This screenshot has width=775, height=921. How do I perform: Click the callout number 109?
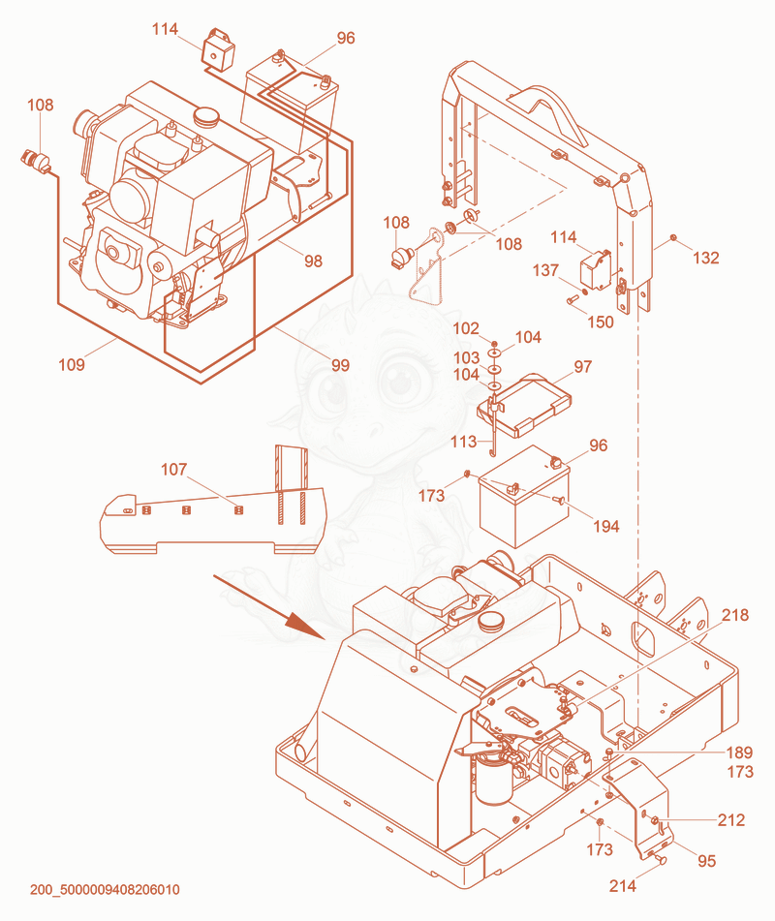click(x=72, y=365)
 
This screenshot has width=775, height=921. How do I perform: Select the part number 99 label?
click(x=340, y=365)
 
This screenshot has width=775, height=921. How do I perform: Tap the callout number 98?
click(x=313, y=261)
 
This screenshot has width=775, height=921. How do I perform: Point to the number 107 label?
click(x=174, y=470)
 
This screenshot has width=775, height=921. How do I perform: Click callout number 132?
click(x=705, y=258)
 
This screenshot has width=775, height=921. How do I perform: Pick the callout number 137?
click(x=545, y=270)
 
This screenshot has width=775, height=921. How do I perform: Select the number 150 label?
click(x=601, y=322)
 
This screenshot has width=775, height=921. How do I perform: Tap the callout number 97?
click(x=582, y=366)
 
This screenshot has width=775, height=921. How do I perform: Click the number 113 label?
click(x=464, y=442)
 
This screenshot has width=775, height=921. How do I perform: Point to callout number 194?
click(x=605, y=526)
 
